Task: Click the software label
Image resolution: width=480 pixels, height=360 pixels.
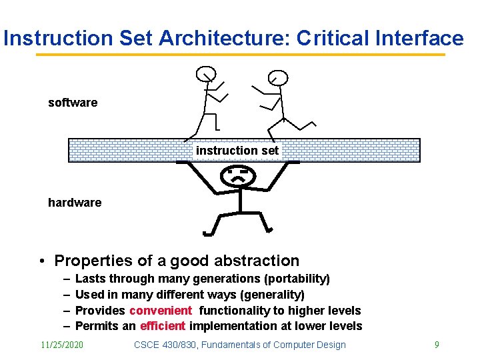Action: click(73, 103)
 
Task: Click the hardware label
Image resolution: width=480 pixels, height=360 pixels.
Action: click(75, 203)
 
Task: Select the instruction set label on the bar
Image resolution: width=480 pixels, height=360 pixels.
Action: click(237, 151)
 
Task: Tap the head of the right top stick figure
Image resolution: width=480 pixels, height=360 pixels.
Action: click(278, 78)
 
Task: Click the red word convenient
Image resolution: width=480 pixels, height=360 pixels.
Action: click(161, 311)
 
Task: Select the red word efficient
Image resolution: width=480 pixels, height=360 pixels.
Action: click(163, 326)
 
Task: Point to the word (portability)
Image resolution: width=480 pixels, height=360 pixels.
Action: click(295, 279)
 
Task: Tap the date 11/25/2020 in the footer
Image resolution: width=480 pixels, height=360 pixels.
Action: click(62, 345)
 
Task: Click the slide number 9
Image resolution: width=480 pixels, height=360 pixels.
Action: click(437, 345)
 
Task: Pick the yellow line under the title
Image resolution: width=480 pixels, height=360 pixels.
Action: click(240, 55)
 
